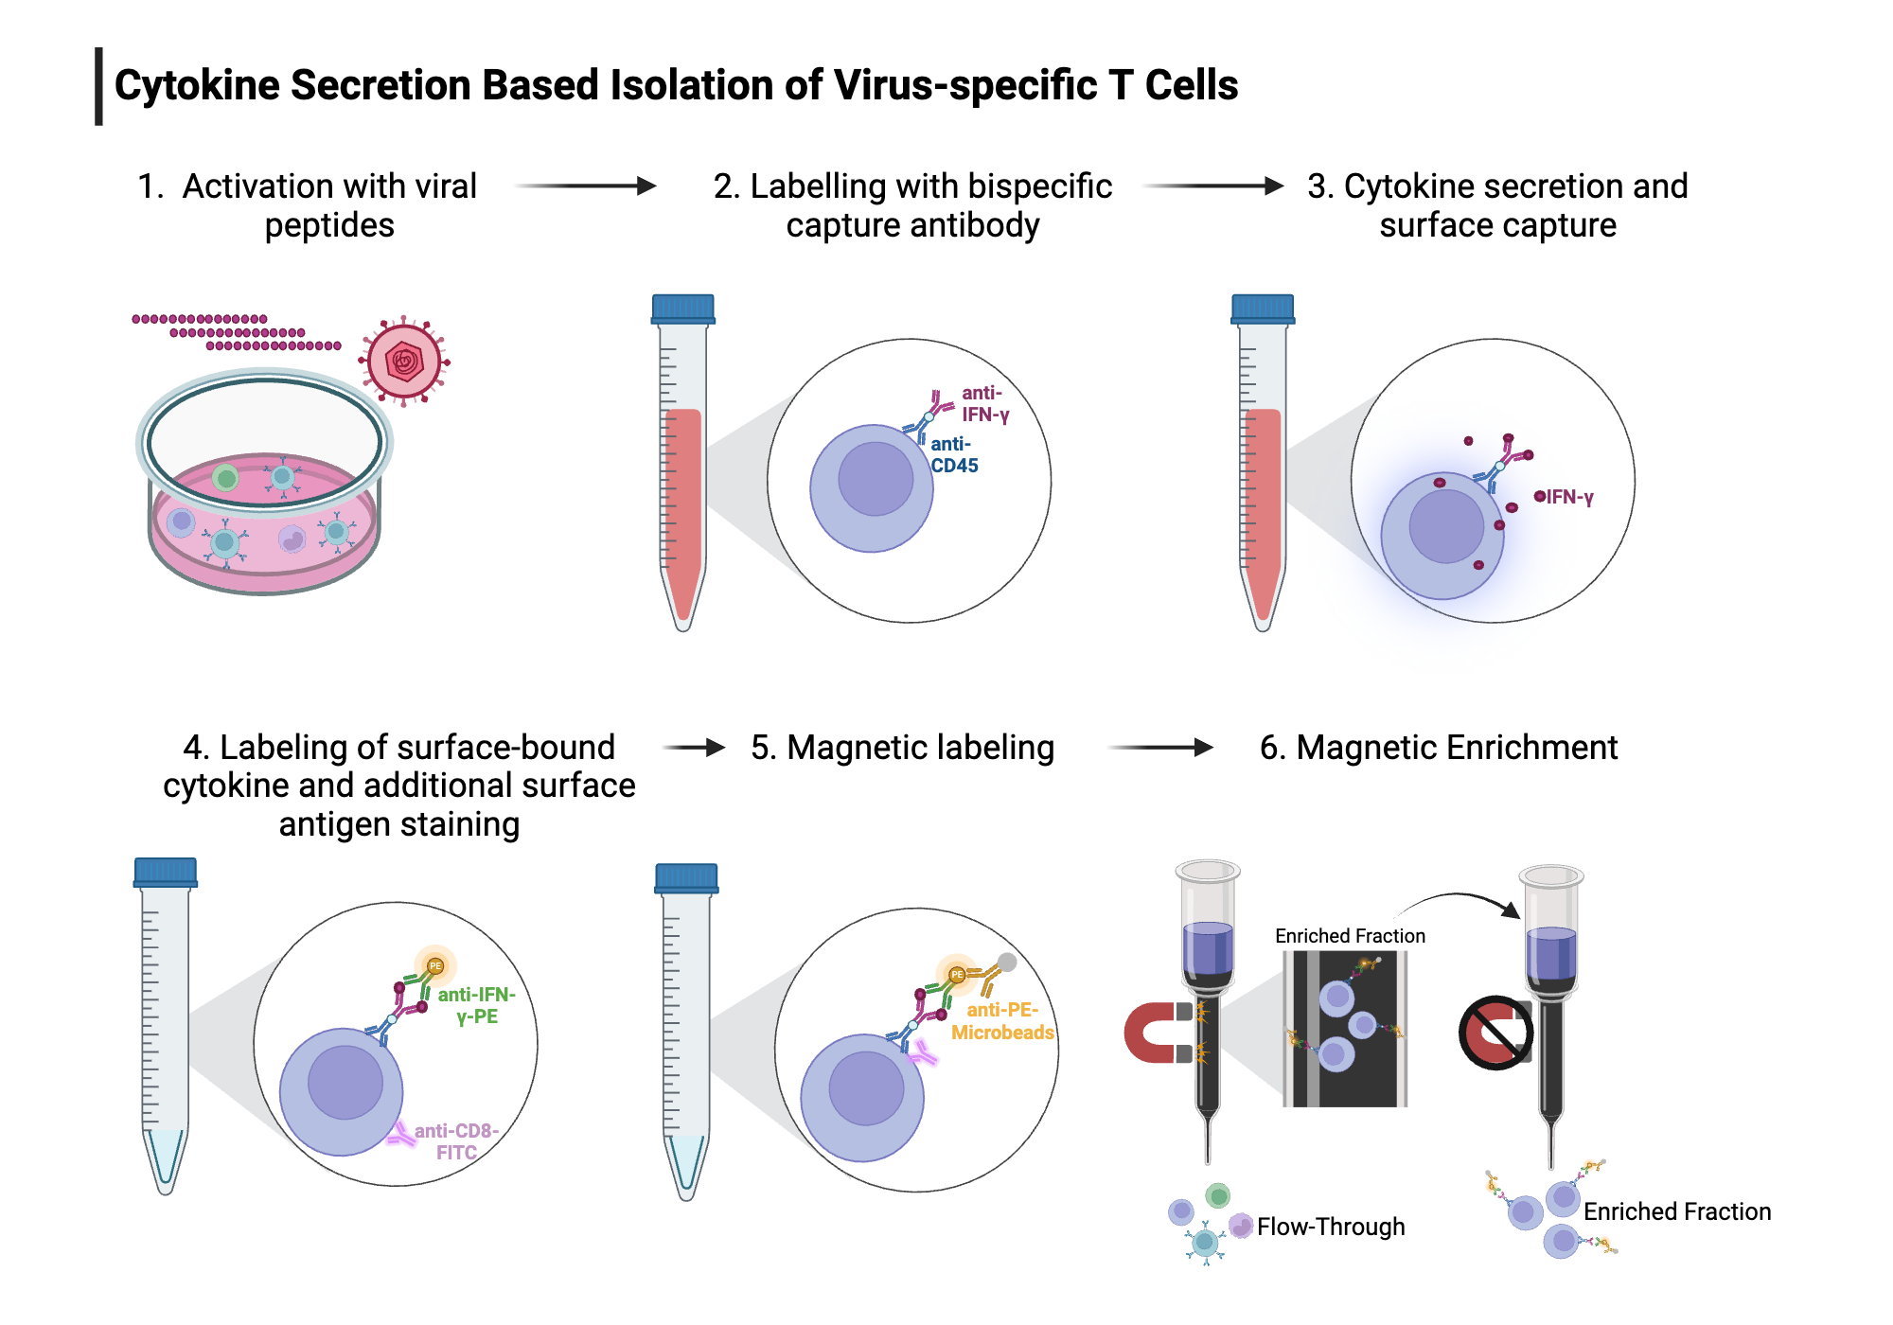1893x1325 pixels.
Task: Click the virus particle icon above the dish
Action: (x=404, y=362)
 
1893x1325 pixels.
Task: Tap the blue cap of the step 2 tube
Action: (x=682, y=309)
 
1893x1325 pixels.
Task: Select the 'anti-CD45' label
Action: (x=953, y=455)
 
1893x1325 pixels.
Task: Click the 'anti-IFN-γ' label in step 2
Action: (x=984, y=404)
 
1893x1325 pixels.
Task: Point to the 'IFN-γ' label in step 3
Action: (x=1568, y=497)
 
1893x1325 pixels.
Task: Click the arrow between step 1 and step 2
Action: (x=586, y=185)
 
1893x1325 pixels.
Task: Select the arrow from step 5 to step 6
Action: (x=1160, y=748)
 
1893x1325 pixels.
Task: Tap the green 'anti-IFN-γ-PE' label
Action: (x=475, y=1005)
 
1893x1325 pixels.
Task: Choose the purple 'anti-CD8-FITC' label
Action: (x=455, y=1141)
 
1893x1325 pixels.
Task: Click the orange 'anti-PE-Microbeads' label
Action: (x=1002, y=1021)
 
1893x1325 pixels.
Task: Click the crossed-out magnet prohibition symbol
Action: (x=1495, y=1033)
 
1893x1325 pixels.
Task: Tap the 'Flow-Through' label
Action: (x=1330, y=1227)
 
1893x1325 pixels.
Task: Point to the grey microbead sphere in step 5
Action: (x=1007, y=962)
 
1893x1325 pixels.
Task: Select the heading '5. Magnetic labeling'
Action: (x=902, y=748)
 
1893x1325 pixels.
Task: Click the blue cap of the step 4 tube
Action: (x=166, y=872)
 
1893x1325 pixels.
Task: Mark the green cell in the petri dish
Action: (x=225, y=478)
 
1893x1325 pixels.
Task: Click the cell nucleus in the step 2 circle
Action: (x=876, y=479)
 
